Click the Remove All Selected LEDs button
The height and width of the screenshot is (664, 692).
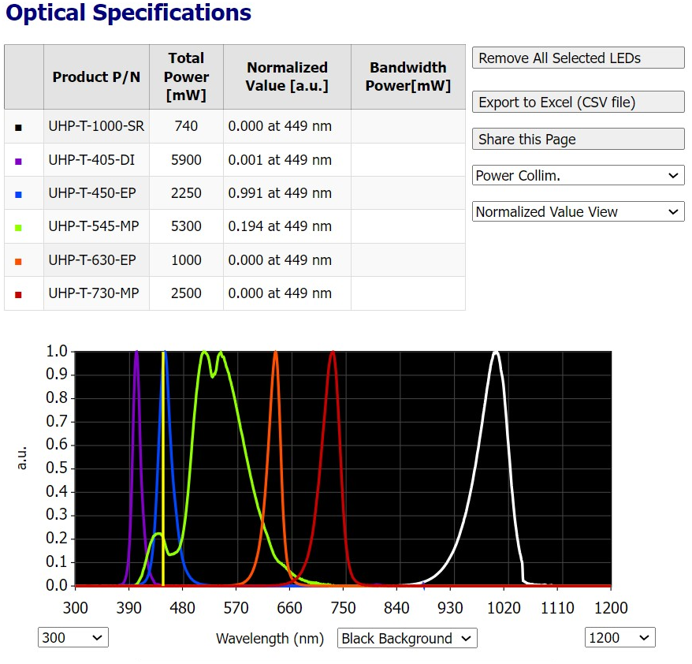[578, 58]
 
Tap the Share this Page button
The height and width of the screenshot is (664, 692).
[578, 140]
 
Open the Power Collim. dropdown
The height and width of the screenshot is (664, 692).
[578, 176]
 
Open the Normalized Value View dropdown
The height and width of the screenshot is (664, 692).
[578, 212]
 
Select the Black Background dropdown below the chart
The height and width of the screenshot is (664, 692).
[407, 639]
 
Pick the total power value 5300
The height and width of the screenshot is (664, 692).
[186, 227]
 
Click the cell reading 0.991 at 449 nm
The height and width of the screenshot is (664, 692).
[287, 193]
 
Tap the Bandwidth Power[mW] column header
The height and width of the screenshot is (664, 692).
[407, 76]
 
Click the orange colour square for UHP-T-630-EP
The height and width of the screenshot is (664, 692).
[18, 261]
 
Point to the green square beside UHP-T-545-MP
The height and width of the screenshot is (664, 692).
[18, 227]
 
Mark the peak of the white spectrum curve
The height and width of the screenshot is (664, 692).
[495, 353]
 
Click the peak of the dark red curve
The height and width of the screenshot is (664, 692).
[333, 353]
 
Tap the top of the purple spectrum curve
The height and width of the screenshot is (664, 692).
[136, 353]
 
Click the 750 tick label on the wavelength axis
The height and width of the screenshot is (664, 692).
[343, 608]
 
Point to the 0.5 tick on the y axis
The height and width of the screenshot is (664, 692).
[57, 468]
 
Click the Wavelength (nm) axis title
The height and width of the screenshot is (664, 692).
[270, 639]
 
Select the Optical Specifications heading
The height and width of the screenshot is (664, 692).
[128, 13]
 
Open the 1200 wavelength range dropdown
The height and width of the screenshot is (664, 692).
[619, 638]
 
